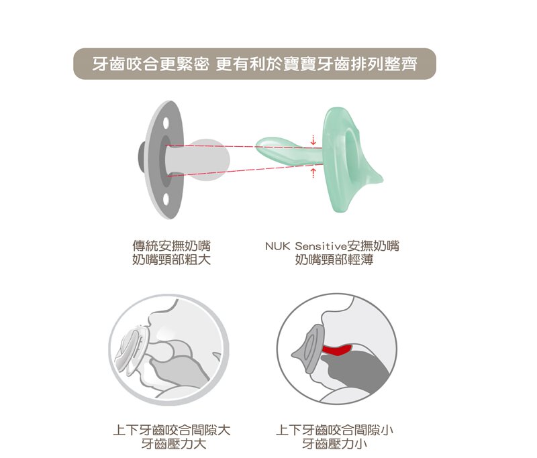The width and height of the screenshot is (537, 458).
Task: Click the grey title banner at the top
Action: pyautogui.click(x=254, y=64)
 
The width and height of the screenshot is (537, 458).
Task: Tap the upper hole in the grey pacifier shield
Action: pyautogui.click(x=166, y=123)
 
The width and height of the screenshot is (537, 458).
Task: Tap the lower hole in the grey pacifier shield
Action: pyautogui.click(x=166, y=198)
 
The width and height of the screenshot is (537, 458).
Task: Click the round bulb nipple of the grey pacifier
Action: pyautogui.click(x=209, y=160)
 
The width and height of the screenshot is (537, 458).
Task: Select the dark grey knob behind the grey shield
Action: pyautogui.click(x=142, y=159)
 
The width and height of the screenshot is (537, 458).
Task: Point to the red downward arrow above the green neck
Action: pyautogui.click(x=313, y=140)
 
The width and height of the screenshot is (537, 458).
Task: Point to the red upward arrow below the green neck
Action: pyautogui.click(x=313, y=173)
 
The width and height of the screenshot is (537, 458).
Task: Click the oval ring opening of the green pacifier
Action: pyautogui.click(x=350, y=150)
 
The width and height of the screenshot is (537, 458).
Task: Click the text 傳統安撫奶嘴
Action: pyautogui.click(x=172, y=246)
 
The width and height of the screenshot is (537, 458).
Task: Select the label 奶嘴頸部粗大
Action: pyautogui.click(x=172, y=260)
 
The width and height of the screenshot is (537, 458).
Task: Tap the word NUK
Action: pyautogui.click(x=277, y=246)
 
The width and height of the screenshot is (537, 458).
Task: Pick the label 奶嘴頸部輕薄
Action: pyautogui.click(x=334, y=260)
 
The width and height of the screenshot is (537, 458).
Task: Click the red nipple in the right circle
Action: pyautogui.click(x=337, y=350)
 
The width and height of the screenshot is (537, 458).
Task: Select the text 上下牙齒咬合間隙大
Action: pyautogui.click(x=172, y=430)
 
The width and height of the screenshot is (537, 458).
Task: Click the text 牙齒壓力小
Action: pyautogui.click(x=334, y=444)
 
